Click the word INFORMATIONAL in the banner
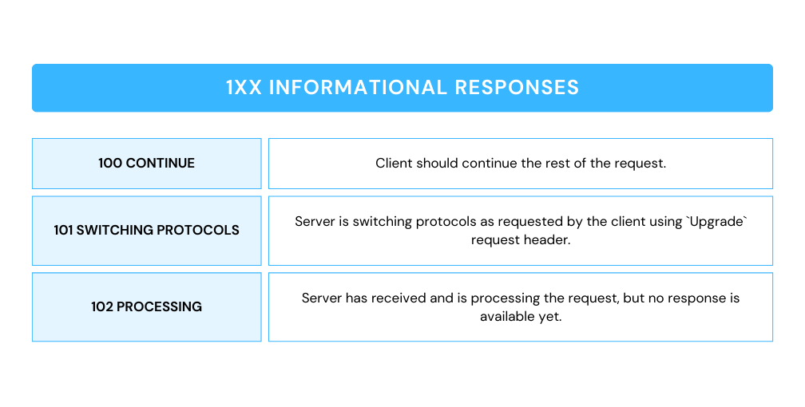pos(358,87)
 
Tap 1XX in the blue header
pos(244,87)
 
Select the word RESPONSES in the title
pos(517,87)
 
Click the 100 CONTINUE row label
pos(147,164)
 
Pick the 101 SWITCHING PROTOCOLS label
pos(147,230)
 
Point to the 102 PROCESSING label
pos(147,307)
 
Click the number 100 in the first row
pos(110,164)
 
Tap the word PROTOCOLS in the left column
pos(198,230)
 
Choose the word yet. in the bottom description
pos(550,317)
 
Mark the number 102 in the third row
pos(102,307)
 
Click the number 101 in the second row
pos(64,230)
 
